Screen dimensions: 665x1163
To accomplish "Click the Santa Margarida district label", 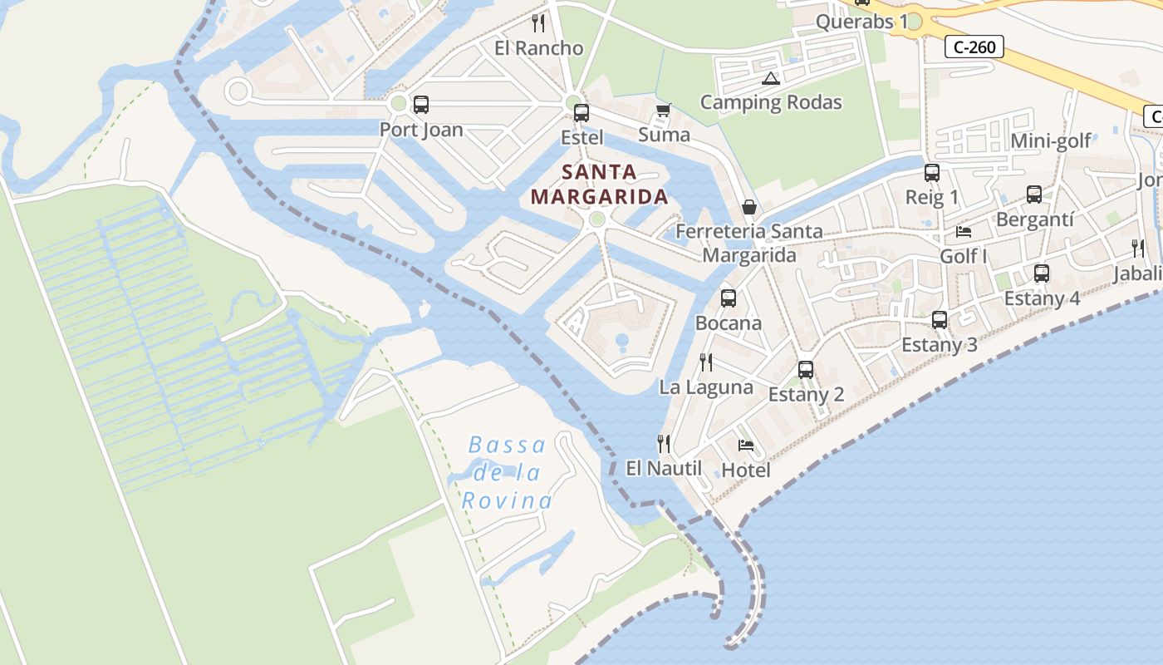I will click(599, 185).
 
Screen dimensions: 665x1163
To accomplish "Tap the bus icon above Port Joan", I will click(421, 105).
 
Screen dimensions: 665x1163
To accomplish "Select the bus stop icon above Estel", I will click(581, 113).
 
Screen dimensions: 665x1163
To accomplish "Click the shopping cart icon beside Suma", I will click(663, 110).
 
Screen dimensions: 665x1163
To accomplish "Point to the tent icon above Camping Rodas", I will click(770, 79).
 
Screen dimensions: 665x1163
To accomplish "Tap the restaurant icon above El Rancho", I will click(538, 22).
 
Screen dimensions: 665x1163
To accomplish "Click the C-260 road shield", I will click(974, 47).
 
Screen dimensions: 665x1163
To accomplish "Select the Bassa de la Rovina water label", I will click(507, 472).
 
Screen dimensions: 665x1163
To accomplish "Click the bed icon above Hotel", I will click(746, 446).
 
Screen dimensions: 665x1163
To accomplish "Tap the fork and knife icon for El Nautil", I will click(663, 443).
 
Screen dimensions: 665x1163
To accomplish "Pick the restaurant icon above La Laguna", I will click(706, 362).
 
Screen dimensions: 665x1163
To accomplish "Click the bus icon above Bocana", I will click(729, 298).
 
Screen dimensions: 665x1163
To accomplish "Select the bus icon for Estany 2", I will click(806, 369).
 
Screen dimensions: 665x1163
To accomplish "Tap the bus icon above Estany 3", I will click(940, 319).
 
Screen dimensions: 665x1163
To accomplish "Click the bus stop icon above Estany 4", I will click(1042, 273).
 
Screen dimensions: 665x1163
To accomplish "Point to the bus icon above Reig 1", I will click(932, 173).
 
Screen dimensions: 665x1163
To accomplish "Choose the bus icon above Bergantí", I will click(1034, 195).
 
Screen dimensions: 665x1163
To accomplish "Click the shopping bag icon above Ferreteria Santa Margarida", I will click(749, 207).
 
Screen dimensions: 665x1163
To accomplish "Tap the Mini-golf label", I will click(1051, 141).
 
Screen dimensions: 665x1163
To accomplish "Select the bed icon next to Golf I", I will click(964, 231).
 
